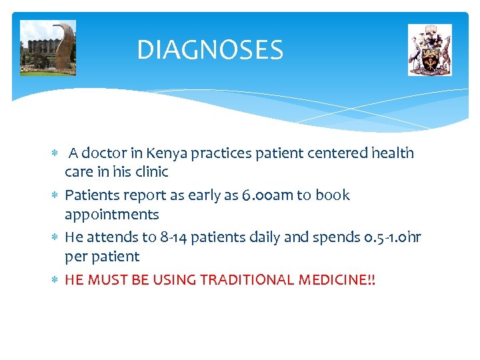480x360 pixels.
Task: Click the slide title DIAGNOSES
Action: point(210,50)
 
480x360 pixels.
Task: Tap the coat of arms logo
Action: point(429,50)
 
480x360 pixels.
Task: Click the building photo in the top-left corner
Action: point(48,48)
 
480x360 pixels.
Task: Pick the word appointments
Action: point(111,215)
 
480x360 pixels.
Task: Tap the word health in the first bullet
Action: point(393,153)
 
